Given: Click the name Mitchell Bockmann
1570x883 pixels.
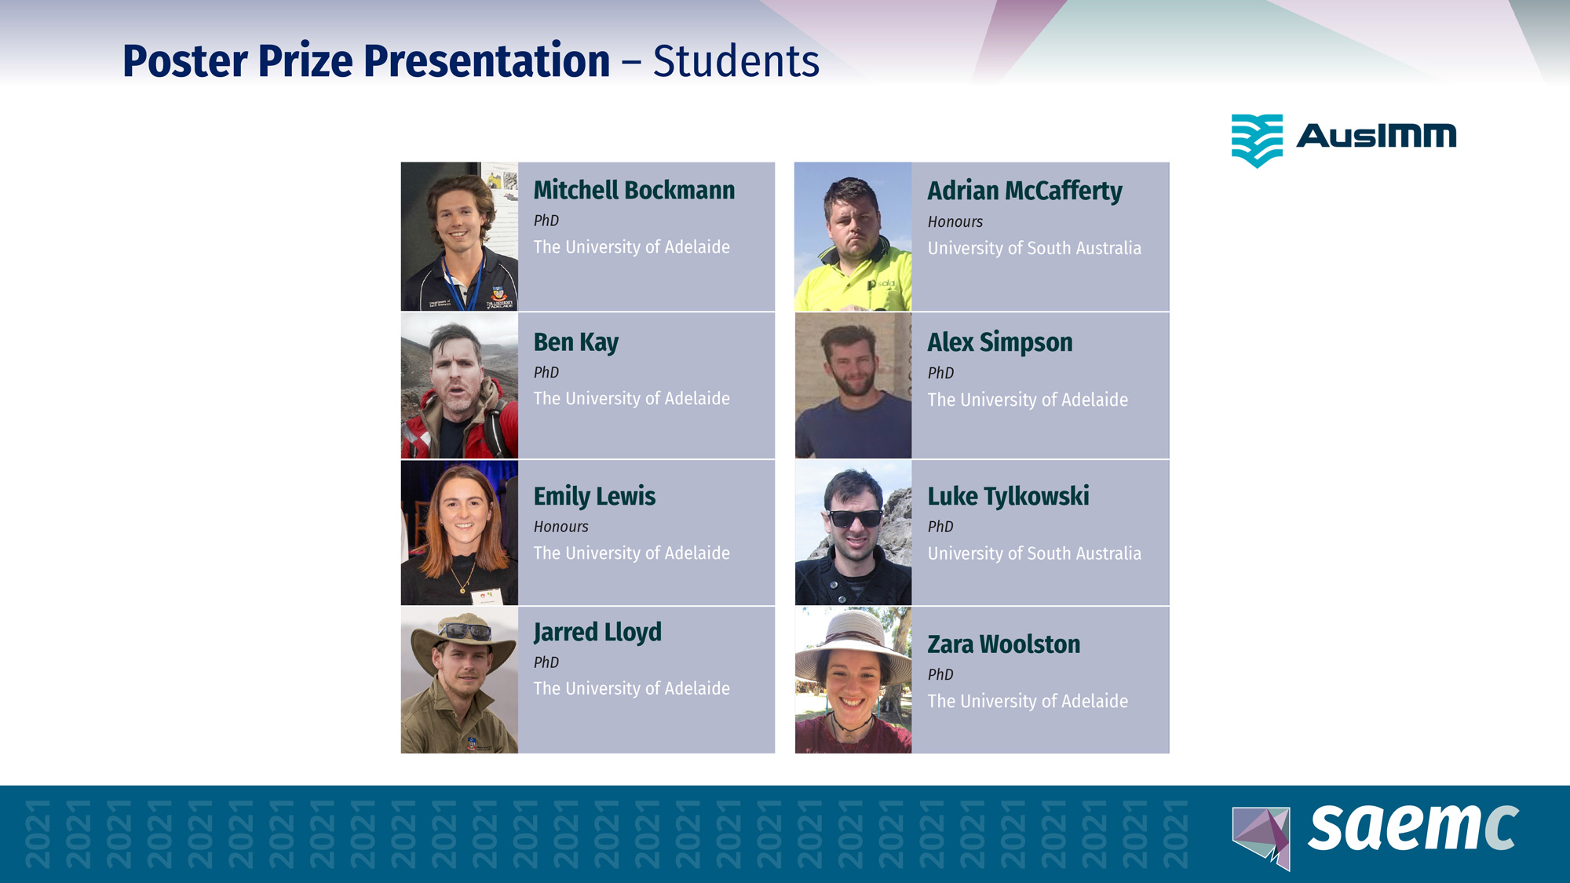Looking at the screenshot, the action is (634, 190).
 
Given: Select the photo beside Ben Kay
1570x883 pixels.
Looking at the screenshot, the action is (459, 385).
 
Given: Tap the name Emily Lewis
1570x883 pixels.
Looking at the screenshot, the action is (594, 496).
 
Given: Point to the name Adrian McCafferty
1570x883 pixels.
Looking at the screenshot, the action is (1024, 192).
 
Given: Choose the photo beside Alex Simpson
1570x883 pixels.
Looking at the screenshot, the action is (853, 385).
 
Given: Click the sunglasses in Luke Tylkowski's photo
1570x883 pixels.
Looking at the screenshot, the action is (855, 518).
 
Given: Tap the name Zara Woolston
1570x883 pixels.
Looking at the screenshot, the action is (1003, 644).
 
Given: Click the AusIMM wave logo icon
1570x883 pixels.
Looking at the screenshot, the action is (1257, 140).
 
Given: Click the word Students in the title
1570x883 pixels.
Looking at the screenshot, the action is (736, 61).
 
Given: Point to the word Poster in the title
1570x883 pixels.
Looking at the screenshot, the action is (184, 61).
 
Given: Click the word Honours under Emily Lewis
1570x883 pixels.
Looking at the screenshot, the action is (560, 527).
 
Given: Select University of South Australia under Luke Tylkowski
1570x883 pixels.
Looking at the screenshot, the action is (1034, 553).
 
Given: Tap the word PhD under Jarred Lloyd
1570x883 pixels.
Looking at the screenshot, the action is (546, 662).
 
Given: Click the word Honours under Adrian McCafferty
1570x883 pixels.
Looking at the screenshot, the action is (955, 222).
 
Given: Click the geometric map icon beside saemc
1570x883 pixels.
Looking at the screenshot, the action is (1261, 837).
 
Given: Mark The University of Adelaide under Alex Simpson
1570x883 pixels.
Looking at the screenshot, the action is (1028, 400).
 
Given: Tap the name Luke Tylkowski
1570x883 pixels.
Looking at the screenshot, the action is (1008, 496).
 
